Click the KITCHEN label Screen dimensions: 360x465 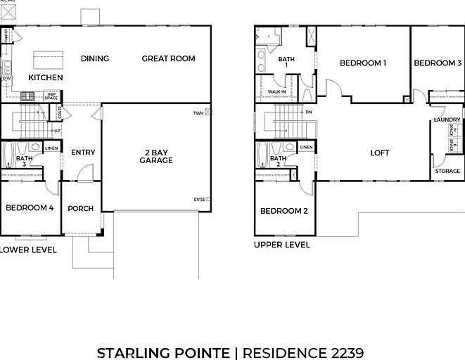click(x=46, y=77)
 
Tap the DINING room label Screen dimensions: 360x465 click(x=95, y=58)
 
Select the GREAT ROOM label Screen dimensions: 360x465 click(x=168, y=58)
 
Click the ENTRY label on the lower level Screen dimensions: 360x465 click(x=83, y=153)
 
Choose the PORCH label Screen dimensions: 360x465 click(x=80, y=208)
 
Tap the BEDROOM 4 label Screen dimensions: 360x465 click(x=30, y=207)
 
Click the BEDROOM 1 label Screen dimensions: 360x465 click(x=363, y=63)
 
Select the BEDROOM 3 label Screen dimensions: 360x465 click(x=438, y=63)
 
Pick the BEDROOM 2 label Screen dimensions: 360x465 click(x=284, y=211)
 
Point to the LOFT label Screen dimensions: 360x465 click(x=380, y=153)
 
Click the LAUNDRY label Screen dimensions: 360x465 click(x=447, y=120)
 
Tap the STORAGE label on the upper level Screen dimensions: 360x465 click(x=447, y=171)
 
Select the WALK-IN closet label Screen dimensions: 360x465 click(x=277, y=91)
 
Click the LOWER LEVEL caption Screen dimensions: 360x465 click(x=28, y=250)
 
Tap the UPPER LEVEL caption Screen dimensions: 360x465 click(x=281, y=245)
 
